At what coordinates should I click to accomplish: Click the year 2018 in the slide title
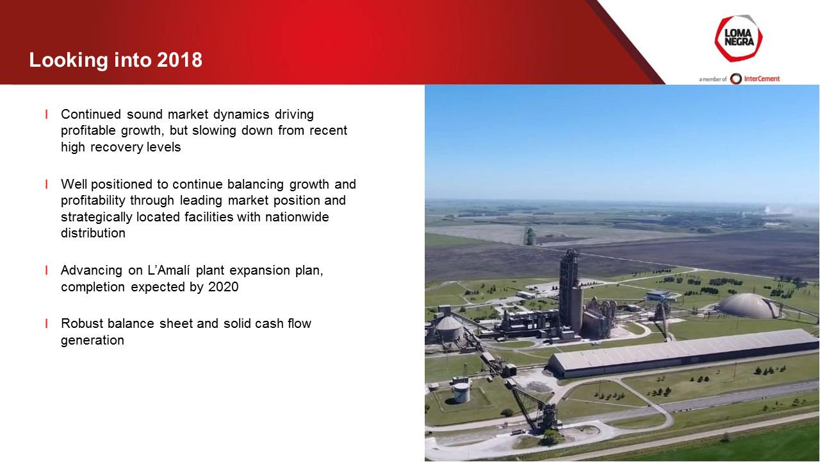coord(179,60)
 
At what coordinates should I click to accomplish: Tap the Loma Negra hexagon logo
coord(739,38)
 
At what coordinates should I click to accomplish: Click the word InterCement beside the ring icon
coord(762,79)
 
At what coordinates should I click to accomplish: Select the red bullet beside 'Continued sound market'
coord(47,114)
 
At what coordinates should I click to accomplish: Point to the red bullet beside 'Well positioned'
coord(47,184)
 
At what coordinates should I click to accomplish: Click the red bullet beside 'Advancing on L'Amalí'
coord(47,270)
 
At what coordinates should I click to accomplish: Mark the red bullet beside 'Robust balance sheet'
coord(47,323)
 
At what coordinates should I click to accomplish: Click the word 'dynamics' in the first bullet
coord(242,115)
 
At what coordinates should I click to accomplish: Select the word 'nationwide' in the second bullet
coord(297,217)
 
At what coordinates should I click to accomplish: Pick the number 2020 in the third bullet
coord(224,287)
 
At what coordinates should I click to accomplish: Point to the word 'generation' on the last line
coord(92,341)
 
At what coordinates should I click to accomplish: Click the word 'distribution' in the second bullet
coord(93,233)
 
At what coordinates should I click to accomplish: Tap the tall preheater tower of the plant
coord(570,289)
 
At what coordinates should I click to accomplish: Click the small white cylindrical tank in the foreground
coord(461,392)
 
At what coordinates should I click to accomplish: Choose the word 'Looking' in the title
coord(69,60)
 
